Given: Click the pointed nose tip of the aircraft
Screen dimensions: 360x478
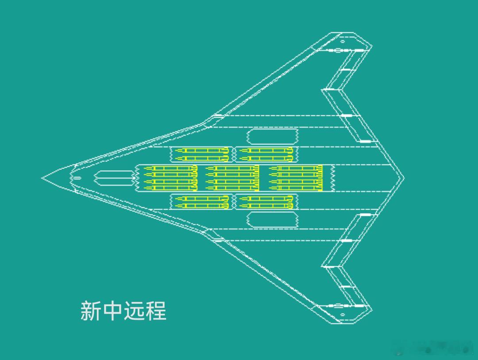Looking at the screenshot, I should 43,178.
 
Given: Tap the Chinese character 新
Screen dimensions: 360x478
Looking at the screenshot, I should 91,310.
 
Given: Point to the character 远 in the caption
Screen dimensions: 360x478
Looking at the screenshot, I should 134,310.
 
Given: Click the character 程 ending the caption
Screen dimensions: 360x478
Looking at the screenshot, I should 156,310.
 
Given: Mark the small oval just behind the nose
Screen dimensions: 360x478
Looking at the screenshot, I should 77,178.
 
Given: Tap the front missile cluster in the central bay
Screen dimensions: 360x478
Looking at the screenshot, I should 170,178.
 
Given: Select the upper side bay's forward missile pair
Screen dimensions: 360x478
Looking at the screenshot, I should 201,154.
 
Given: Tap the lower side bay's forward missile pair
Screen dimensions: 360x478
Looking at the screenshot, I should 201,202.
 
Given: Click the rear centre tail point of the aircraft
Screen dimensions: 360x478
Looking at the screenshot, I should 403,178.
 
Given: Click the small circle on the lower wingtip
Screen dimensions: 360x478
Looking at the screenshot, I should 342,315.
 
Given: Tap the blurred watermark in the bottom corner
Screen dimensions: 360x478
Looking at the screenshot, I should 436,349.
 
